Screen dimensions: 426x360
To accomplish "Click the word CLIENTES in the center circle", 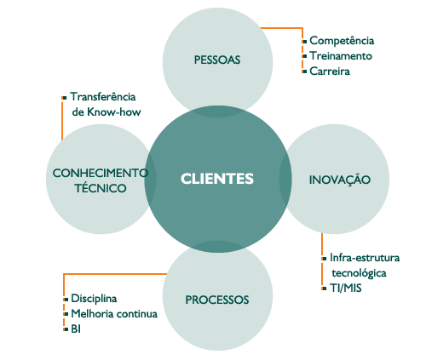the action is (x=217, y=179).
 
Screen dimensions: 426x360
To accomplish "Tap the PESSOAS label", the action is (x=217, y=60).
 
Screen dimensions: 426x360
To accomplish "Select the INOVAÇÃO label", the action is (x=340, y=179).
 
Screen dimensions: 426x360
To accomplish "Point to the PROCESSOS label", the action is (x=217, y=300).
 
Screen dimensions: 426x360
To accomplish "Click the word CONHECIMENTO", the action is (x=101, y=173).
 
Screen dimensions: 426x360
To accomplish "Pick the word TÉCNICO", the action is (x=101, y=187).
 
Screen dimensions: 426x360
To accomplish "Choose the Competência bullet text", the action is (x=342, y=41).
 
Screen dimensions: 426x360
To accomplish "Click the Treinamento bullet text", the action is (x=341, y=56).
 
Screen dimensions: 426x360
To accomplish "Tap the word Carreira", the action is (x=330, y=71).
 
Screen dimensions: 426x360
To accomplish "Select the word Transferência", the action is (x=103, y=97).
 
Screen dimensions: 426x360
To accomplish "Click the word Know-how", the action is (x=114, y=112).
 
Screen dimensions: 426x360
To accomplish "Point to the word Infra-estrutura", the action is (x=365, y=258).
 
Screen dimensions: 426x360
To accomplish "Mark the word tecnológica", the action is (x=359, y=273).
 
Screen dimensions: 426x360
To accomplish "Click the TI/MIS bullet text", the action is (x=346, y=289).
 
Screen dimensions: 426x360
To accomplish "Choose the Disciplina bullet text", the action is (x=94, y=299).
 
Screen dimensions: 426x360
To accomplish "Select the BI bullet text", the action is (x=76, y=329).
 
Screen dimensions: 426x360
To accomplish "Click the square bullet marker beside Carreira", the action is (x=304, y=71).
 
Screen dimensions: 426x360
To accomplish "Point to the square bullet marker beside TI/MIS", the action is (x=325, y=289).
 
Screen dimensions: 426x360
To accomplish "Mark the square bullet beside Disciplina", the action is (x=66, y=300).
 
